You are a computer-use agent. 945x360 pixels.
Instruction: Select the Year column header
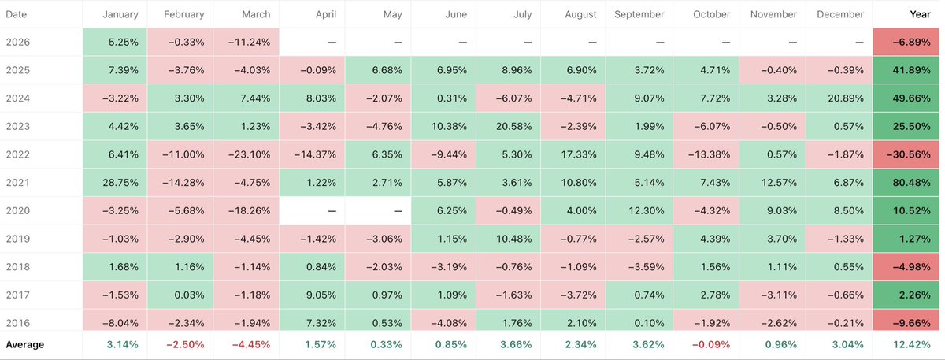tap(920, 15)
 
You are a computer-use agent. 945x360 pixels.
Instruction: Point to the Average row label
tap(25, 344)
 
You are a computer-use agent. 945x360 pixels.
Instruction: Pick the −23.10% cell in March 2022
tap(245, 155)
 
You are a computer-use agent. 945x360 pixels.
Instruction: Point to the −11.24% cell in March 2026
tap(245, 43)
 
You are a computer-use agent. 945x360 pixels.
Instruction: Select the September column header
tap(639, 15)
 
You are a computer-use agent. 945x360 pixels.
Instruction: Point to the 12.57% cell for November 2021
tap(768, 183)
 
